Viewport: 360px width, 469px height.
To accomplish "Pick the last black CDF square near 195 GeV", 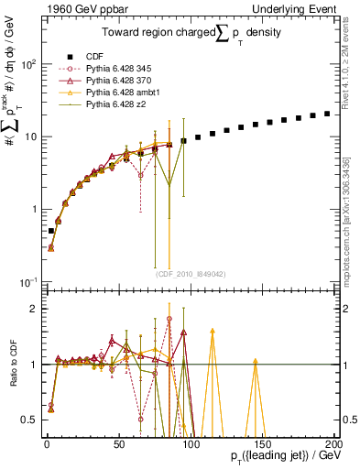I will (328, 114).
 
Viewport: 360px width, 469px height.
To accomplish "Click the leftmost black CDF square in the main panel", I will (51, 231).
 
